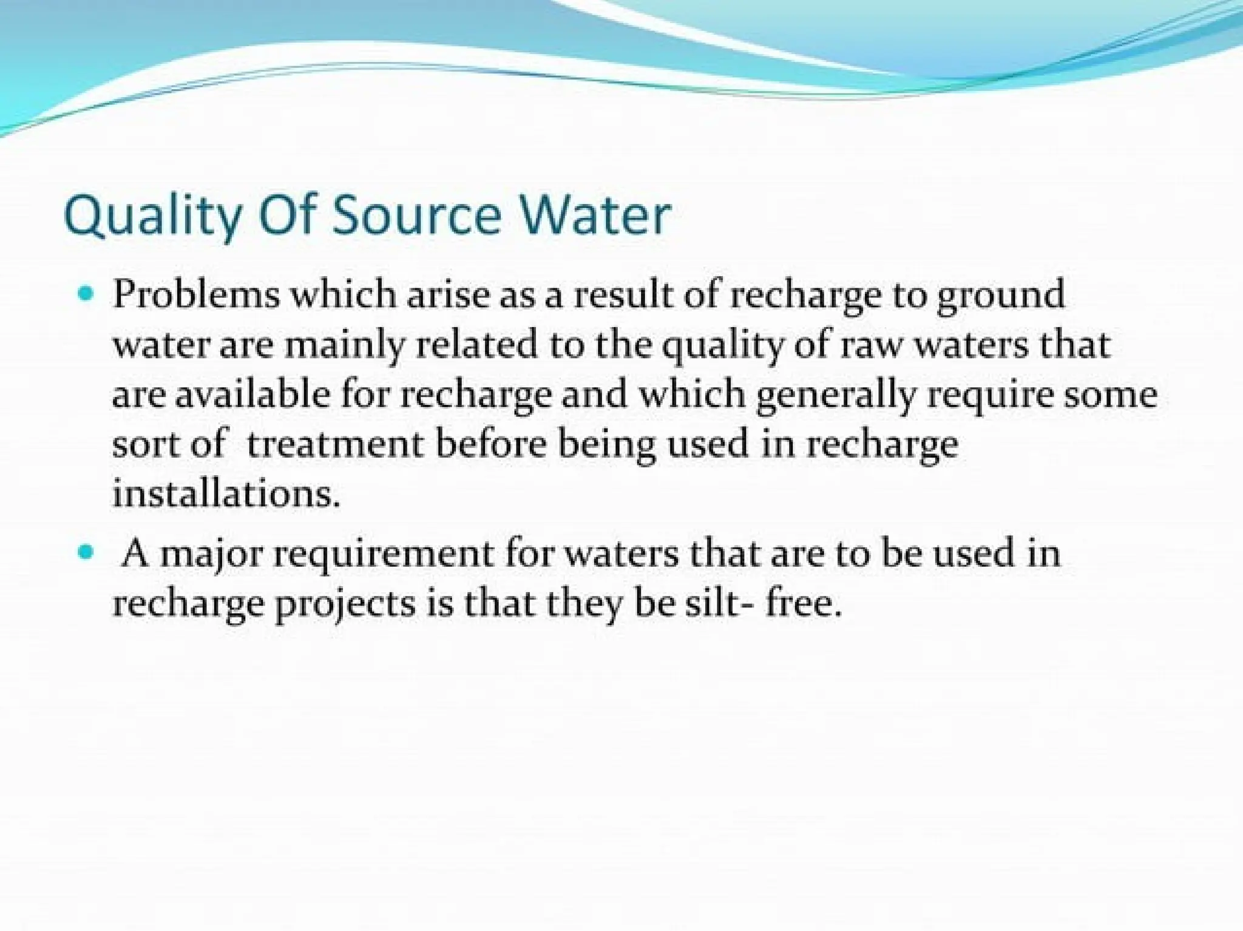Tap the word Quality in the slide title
coord(152,217)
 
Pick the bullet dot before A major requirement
coord(86,554)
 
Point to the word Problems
coord(196,295)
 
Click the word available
coord(253,395)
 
